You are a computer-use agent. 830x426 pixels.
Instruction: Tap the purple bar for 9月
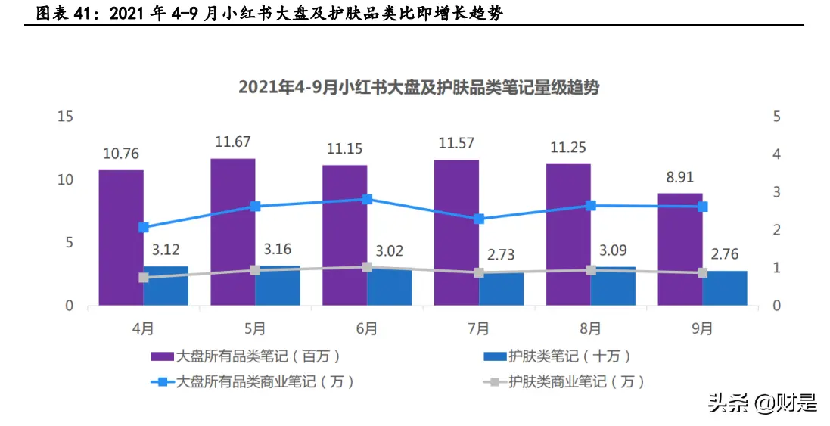tap(679, 249)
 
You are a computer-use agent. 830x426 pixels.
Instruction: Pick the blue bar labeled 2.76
tap(725, 288)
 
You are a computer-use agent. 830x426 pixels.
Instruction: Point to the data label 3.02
tap(389, 250)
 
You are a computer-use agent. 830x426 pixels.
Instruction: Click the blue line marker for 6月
tap(367, 200)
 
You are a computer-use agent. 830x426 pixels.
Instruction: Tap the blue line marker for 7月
tap(479, 219)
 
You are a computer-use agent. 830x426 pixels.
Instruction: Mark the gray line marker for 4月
tap(144, 278)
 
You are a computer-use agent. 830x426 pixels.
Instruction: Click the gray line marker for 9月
tap(702, 272)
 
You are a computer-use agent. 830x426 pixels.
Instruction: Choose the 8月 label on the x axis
tap(590, 328)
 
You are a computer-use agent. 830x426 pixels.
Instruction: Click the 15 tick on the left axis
tap(65, 117)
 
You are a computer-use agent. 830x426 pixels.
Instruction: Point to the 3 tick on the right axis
tap(776, 192)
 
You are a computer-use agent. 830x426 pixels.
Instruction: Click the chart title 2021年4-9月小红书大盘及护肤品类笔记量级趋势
tap(418, 88)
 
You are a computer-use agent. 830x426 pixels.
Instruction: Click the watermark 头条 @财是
tap(762, 403)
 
